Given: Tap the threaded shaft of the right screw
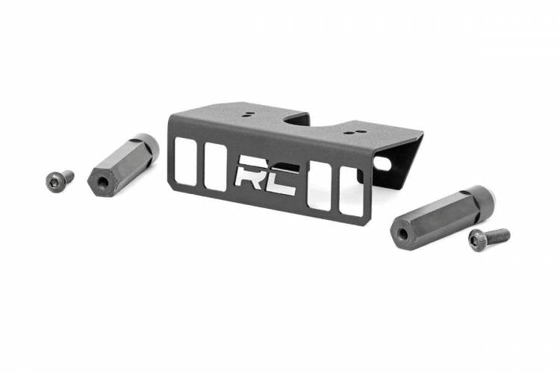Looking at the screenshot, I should click(498, 236).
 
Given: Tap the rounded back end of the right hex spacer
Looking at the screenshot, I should click(485, 198).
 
